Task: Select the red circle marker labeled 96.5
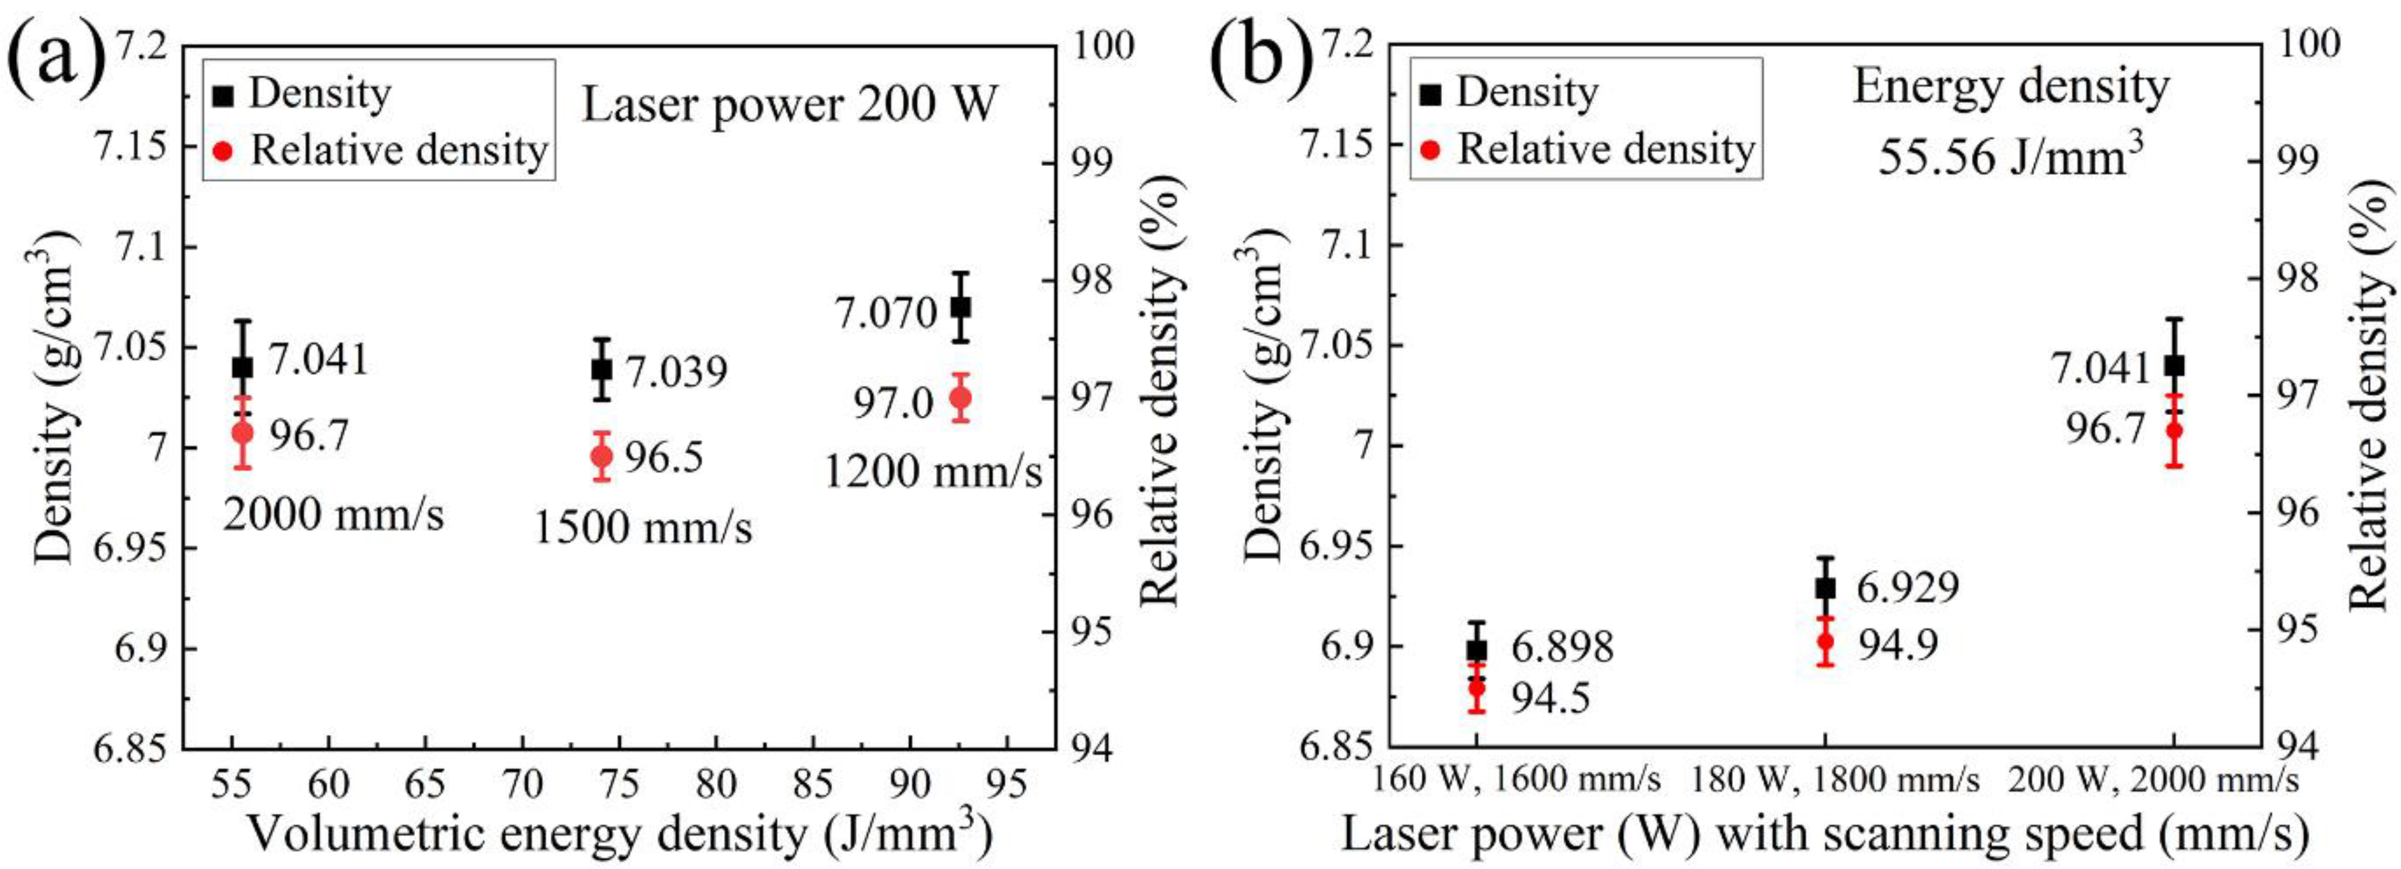pyautogui.click(x=602, y=456)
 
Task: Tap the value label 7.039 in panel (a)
pyautogui.click(x=676, y=372)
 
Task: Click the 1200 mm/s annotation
pyautogui.click(x=933, y=472)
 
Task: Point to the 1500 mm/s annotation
pyautogui.click(x=643, y=528)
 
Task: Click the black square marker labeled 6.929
pyautogui.click(x=1825, y=587)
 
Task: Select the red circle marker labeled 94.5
pyautogui.click(x=1476, y=688)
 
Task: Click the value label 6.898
pyautogui.click(x=1561, y=647)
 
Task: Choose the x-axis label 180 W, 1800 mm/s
pyautogui.click(x=1835, y=780)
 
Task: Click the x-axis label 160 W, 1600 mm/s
pyautogui.click(x=1515, y=780)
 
